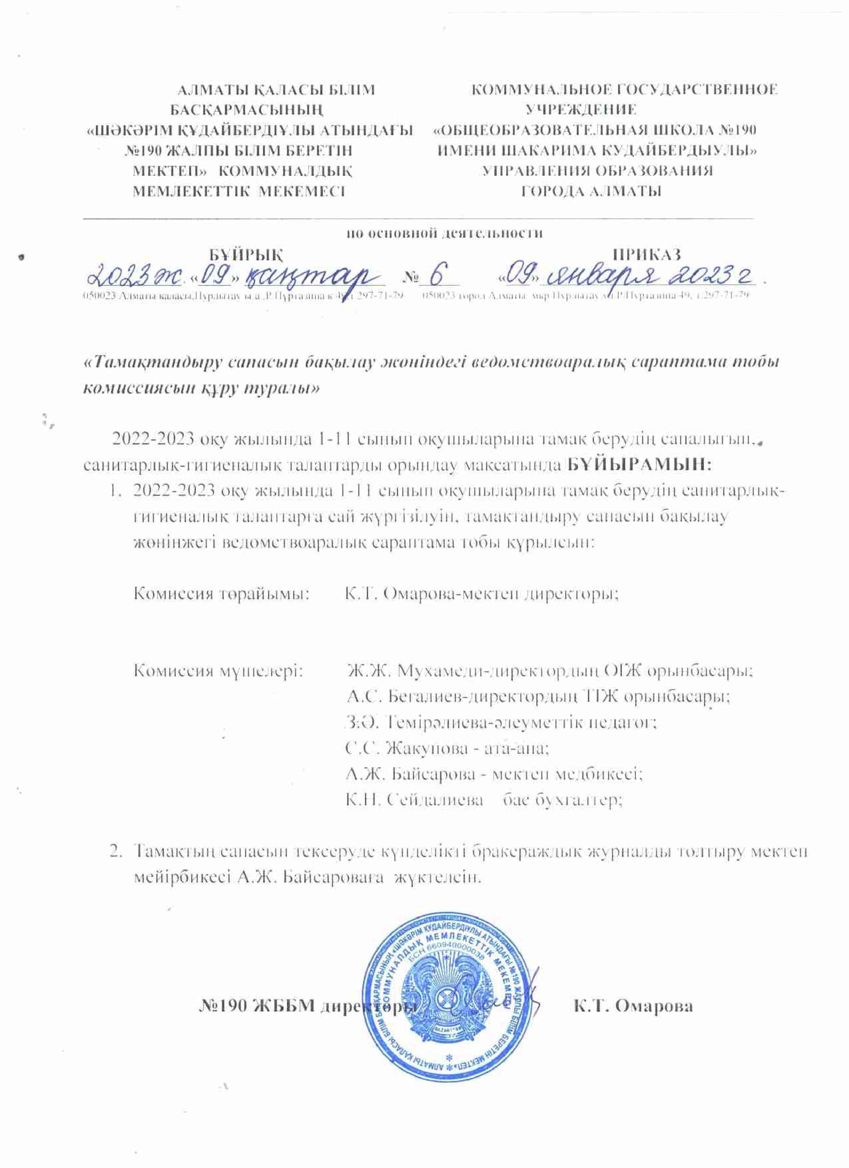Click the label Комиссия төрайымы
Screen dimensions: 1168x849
coord(221,594)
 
